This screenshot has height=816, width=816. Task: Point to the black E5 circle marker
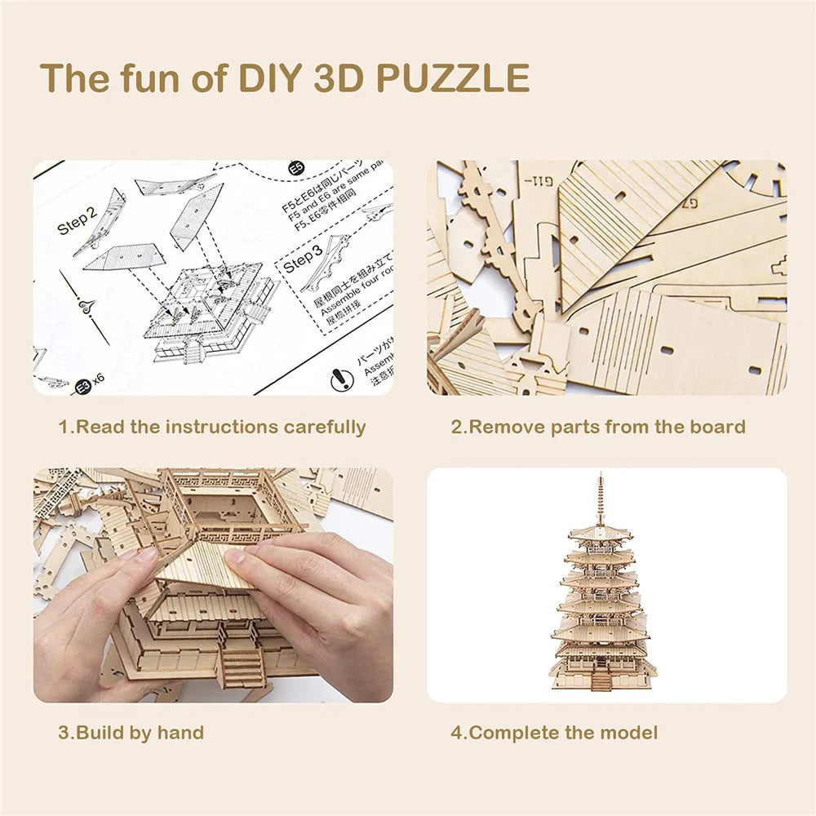coord(296,170)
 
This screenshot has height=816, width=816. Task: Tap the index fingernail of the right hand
coord(234,557)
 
